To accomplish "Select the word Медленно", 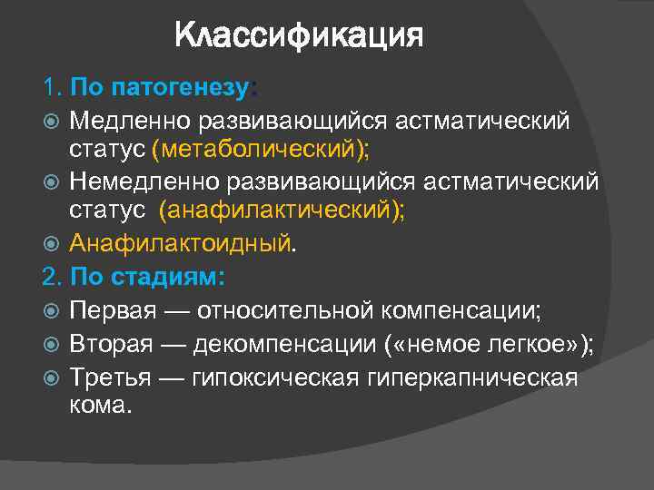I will click(x=124, y=120).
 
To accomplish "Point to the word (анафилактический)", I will click(x=282, y=211).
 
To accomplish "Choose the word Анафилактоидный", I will click(x=182, y=243).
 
